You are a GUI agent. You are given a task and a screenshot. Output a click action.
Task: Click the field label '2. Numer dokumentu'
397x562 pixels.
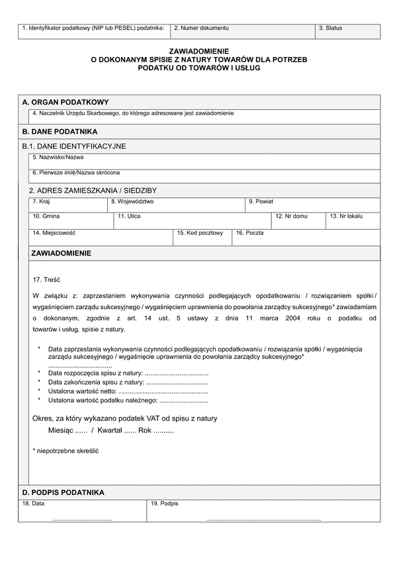tap(201, 28)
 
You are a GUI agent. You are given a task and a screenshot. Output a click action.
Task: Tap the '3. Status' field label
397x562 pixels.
tap(330, 28)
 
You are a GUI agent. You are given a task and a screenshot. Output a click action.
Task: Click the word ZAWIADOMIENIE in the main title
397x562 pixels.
tap(198, 50)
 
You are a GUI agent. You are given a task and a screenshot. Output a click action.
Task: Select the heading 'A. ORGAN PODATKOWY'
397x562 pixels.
tap(65, 103)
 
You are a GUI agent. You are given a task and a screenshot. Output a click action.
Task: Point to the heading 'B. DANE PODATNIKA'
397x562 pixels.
tap(60, 132)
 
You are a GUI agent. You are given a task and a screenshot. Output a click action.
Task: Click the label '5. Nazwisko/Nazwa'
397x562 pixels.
tap(58, 158)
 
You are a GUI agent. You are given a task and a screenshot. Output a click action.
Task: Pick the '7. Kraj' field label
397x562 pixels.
tap(41, 201)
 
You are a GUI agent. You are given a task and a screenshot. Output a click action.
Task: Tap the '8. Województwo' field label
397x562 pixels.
tap(132, 201)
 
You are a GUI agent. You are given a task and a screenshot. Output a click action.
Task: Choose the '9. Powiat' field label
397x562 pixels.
tap(262, 201)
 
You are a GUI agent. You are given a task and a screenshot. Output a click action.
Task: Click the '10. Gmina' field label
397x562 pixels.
tap(46, 216)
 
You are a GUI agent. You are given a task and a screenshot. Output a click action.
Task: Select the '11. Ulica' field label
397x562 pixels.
tap(129, 216)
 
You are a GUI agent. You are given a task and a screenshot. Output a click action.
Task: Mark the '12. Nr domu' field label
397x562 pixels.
tap(292, 216)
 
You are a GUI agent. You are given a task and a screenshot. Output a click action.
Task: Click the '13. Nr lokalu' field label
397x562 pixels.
tap(346, 216)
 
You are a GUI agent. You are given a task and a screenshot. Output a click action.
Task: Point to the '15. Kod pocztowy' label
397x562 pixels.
tap(200, 233)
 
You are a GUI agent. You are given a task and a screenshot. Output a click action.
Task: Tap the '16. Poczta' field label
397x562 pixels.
tap(249, 233)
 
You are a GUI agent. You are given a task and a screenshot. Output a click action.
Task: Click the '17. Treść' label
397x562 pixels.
tap(46, 279)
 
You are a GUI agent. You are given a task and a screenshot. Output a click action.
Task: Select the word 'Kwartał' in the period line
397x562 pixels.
tap(110, 430)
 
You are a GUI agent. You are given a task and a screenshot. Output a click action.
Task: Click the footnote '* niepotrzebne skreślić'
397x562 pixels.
tap(66, 450)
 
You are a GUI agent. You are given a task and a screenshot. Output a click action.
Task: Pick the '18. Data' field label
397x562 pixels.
tap(34, 504)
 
